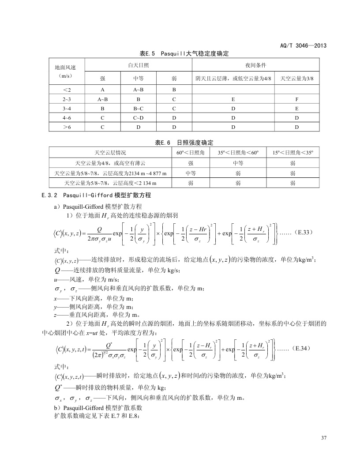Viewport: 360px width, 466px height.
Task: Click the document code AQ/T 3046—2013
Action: [303, 46]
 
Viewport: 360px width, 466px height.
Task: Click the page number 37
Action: [324, 438]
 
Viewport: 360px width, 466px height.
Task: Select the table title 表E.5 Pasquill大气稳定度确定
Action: [184, 53]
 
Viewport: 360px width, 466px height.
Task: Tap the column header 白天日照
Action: [138, 65]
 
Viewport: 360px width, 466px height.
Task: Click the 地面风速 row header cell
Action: [65, 71]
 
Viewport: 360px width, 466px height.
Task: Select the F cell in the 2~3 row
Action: [297, 99]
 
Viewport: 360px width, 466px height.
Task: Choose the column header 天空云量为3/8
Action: [297, 79]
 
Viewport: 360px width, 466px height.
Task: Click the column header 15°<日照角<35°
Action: [292, 153]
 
